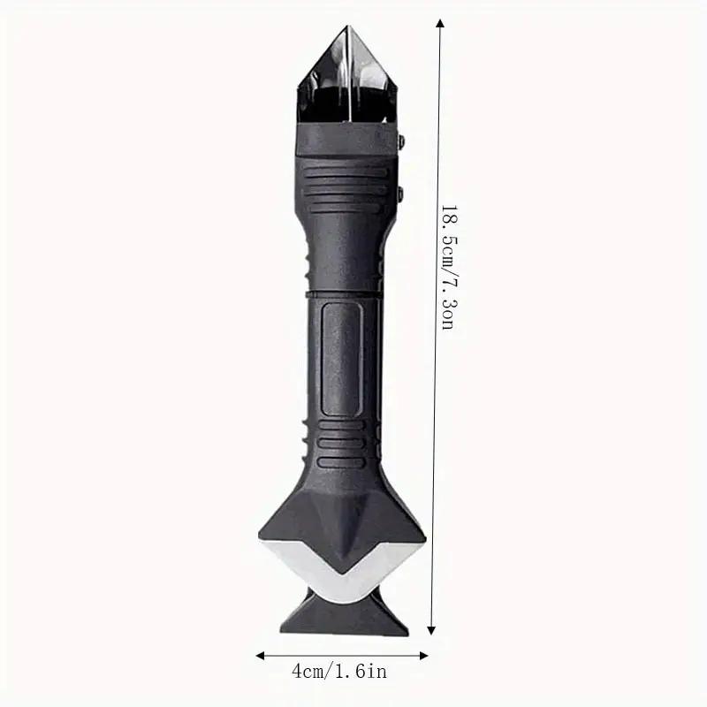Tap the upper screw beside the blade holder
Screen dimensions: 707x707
click(x=401, y=141)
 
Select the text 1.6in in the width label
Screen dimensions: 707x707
click(x=362, y=673)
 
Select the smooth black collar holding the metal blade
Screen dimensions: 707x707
click(x=345, y=140)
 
